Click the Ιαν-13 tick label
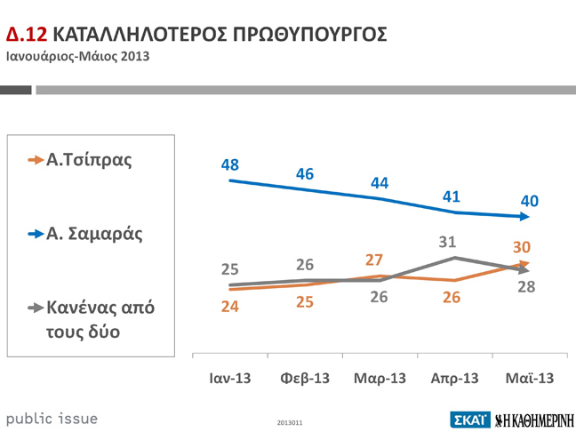[229, 378]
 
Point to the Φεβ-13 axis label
[304, 378]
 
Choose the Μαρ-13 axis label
[380, 378]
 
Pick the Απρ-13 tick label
[454, 378]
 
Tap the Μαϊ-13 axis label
[530, 378]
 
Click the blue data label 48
[230, 164]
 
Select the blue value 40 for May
[530, 202]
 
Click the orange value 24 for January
[230, 307]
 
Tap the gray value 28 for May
[526, 286]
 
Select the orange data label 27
[375, 260]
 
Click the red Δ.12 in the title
[27, 35]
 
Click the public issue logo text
[52, 418]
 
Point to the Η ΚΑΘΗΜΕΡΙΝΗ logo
[534, 420]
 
